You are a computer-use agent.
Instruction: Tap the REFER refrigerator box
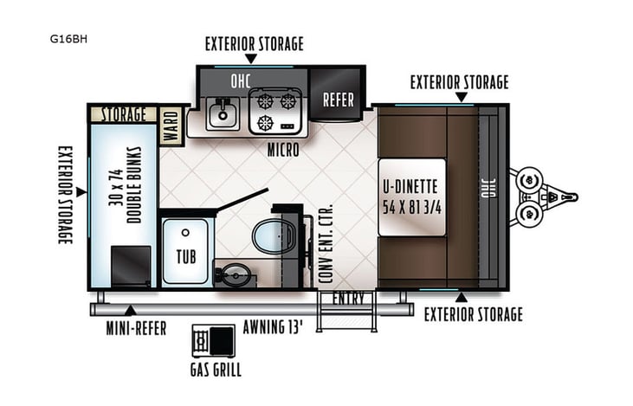click(338, 99)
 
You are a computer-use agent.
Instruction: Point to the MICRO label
click(283, 151)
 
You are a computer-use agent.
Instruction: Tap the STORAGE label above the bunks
click(124, 114)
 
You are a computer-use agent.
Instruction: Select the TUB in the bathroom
click(185, 250)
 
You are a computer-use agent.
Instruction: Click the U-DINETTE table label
click(410, 197)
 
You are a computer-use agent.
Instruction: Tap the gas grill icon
click(211, 340)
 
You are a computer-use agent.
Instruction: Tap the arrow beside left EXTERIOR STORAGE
click(80, 192)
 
